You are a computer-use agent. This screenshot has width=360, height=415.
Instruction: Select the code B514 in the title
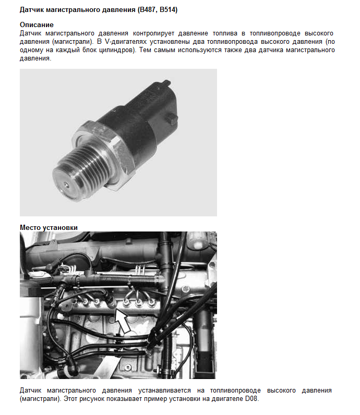167,10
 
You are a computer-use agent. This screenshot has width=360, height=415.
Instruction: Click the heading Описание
37,25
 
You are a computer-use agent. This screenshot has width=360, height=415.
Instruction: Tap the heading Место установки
49,227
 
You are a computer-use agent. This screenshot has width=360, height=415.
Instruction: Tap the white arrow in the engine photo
123,321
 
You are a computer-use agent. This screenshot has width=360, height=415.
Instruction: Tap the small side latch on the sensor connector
172,118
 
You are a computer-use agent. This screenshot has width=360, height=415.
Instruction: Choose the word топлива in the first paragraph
225,33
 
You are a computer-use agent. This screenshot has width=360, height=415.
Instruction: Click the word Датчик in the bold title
32,10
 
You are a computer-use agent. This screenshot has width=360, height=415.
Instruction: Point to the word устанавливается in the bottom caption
164,390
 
